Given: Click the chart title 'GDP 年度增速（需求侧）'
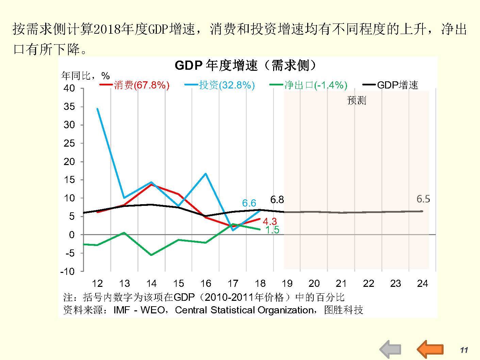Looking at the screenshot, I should coord(245,65).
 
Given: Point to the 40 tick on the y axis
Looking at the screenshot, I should coord(69,88).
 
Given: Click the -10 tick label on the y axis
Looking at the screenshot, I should coord(67,272).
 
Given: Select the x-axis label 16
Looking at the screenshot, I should coord(205,283).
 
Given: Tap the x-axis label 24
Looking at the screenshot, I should coord(422,283).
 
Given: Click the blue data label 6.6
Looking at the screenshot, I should coord(249,203).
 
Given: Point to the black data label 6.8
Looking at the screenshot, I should coord(277,200).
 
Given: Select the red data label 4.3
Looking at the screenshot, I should coord(270,222).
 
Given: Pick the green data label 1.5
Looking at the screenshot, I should coord(272,230).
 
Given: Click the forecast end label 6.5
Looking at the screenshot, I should coord(423,199).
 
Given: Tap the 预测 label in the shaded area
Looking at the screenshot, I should coord(357,100).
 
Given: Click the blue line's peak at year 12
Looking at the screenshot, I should coord(97,109).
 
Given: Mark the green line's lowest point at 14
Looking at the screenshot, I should coord(151,255).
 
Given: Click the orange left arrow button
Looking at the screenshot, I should coord(430,349).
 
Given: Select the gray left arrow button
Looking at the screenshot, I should coord(391,349).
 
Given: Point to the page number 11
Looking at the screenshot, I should coord(464,350).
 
